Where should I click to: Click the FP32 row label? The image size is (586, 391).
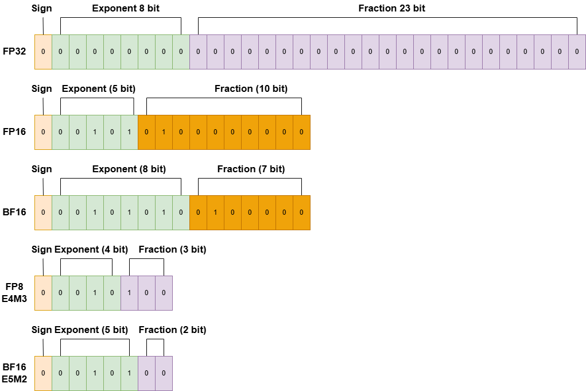[x=14, y=52]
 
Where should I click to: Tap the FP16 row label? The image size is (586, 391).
[x=14, y=132]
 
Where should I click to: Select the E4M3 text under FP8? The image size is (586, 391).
[x=14, y=299]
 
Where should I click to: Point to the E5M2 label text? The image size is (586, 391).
[x=14, y=379]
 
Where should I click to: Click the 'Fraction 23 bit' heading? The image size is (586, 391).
[x=392, y=8]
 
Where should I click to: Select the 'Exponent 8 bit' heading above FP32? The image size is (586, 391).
[x=126, y=8]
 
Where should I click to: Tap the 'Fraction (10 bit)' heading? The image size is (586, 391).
[x=251, y=88]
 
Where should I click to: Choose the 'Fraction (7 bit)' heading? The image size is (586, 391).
[x=251, y=169]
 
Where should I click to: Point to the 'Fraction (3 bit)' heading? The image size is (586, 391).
[x=172, y=249]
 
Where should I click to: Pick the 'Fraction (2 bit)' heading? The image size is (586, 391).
[x=172, y=330]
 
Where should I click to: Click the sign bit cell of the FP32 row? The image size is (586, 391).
[x=43, y=52]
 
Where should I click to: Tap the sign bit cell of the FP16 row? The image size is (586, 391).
[x=43, y=132]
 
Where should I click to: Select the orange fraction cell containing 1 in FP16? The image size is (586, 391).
[x=164, y=132]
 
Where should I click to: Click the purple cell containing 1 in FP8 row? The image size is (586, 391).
[x=129, y=293]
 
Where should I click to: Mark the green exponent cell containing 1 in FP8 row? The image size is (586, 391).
[x=95, y=293]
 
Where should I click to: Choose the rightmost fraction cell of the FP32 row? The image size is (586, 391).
[x=577, y=52]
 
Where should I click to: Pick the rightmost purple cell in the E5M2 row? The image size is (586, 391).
[x=164, y=373]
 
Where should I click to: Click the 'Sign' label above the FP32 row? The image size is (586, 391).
[x=41, y=8]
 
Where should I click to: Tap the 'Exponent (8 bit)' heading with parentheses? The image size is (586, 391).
[x=129, y=169]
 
